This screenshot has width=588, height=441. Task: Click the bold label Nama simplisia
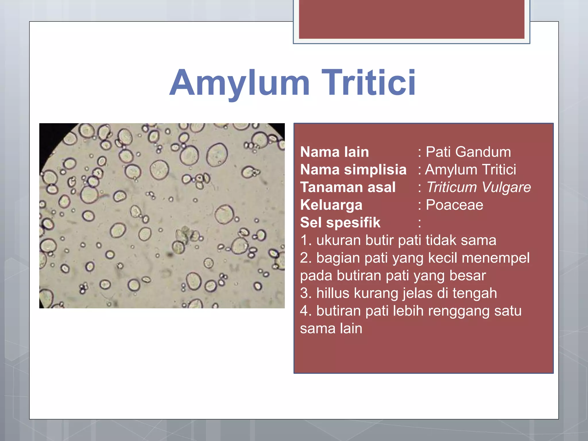click(x=353, y=169)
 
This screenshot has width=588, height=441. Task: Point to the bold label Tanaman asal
click(x=348, y=187)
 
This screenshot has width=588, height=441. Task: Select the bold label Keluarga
click(x=331, y=205)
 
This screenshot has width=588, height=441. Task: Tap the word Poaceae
click(x=454, y=205)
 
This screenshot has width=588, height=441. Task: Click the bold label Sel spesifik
click(x=340, y=223)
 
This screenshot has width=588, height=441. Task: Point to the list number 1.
click(x=304, y=240)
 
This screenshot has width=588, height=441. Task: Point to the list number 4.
click(x=304, y=311)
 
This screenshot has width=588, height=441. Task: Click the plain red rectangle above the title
click(x=411, y=19)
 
